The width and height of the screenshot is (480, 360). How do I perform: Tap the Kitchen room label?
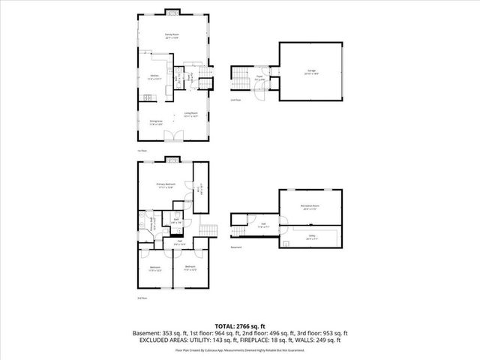pos(154,76)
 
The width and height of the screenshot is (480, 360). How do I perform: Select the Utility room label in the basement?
pos(310,235)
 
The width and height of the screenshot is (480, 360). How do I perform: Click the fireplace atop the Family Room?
pos(172,12)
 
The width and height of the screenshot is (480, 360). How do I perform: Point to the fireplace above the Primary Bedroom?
pos(172,158)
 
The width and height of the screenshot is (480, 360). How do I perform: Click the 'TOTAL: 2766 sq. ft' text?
pos(240,325)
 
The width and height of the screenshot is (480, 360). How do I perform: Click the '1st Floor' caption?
pos(142,151)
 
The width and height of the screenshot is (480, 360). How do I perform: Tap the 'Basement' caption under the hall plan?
pos(236,247)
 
